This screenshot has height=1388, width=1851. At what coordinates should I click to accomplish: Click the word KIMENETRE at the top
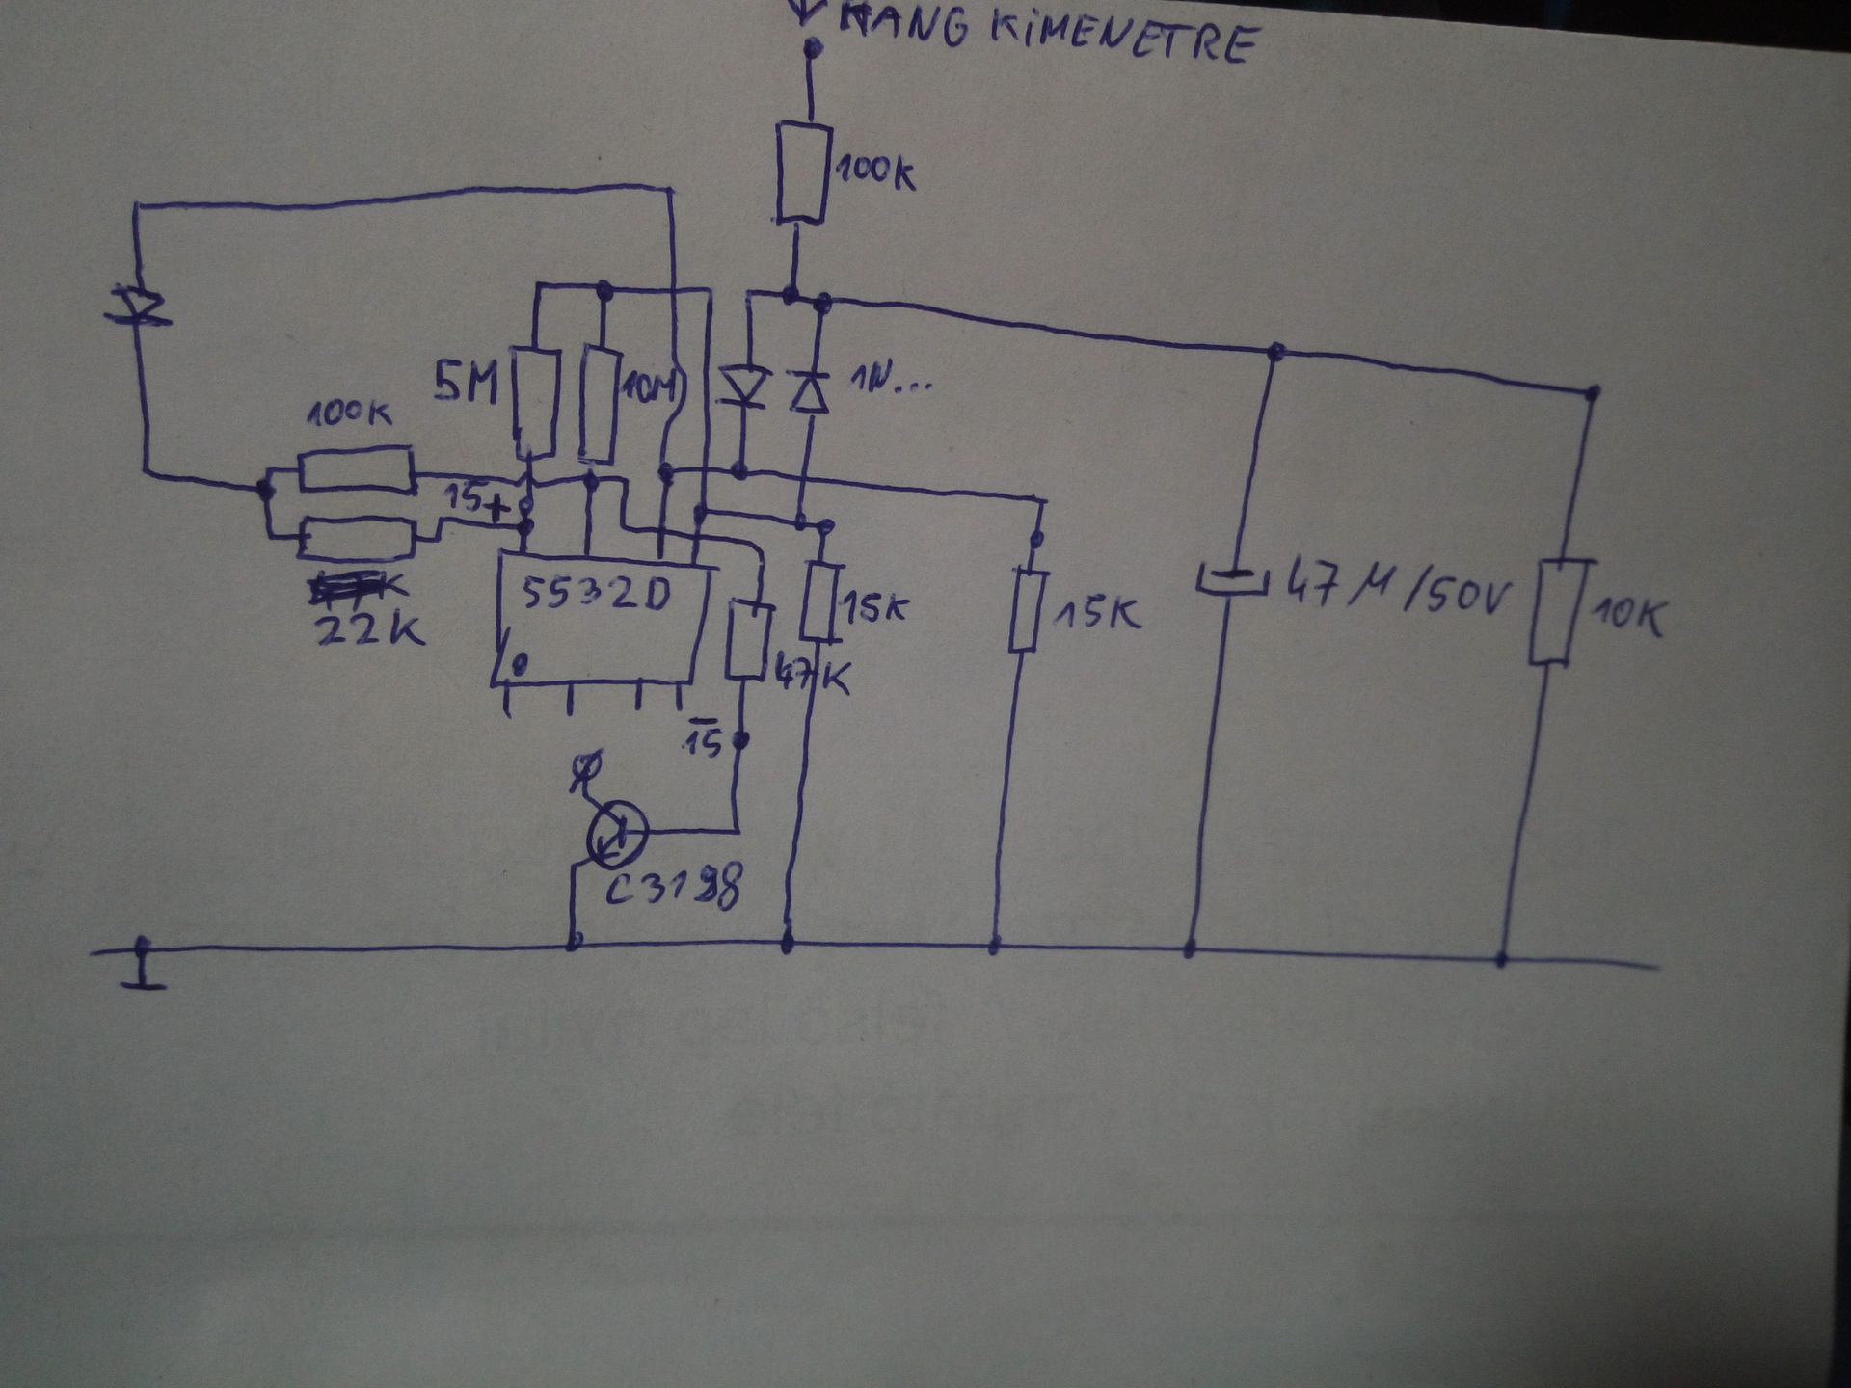1123,36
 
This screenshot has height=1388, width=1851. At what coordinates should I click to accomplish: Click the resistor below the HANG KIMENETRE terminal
803,173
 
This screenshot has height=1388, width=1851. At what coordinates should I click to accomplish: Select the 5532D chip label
595,594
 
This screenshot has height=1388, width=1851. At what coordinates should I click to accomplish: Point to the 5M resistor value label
466,384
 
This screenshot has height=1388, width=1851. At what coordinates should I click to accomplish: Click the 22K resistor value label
369,628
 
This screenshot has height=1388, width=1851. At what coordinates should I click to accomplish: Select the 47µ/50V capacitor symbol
1231,580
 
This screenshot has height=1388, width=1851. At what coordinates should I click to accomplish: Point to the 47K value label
812,678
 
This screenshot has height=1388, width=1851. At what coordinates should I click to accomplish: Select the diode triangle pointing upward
808,391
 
